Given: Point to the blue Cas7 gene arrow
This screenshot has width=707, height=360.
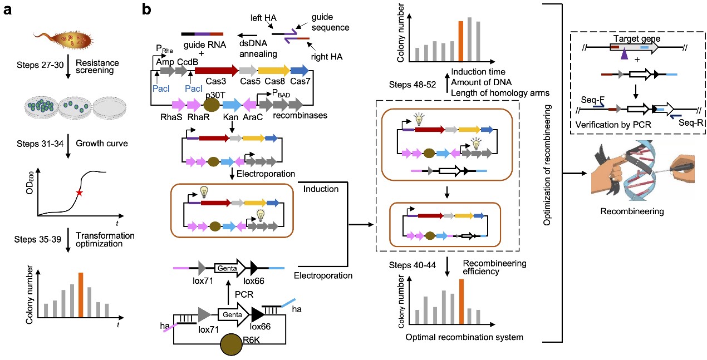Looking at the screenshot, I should [x=300, y=71].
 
